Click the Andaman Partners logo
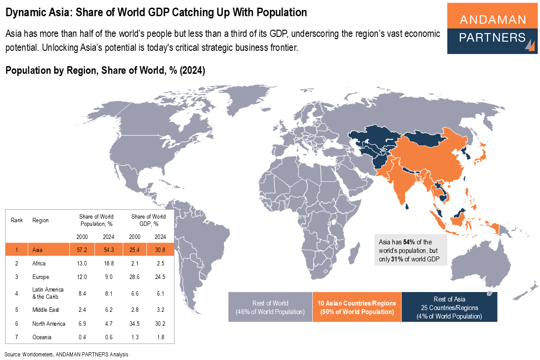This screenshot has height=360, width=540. tap(492, 29)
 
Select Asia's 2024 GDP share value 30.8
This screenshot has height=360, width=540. tap(160, 249)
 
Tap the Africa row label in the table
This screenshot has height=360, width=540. tap(39, 263)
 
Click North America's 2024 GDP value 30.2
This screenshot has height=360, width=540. tap(160, 324)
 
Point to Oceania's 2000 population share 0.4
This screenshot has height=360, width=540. tap(82, 337)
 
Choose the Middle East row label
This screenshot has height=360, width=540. tap(46, 310)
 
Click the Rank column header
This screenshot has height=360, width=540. tap(17, 220)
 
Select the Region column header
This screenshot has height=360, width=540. tap(40, 220)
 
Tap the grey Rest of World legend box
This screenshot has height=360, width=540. tap(270, 307)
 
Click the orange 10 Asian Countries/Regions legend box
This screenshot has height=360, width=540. tap(357, 307)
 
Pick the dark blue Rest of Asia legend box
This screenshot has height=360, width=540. tap(449, 307)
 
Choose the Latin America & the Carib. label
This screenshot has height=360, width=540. tap(48, 293)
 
